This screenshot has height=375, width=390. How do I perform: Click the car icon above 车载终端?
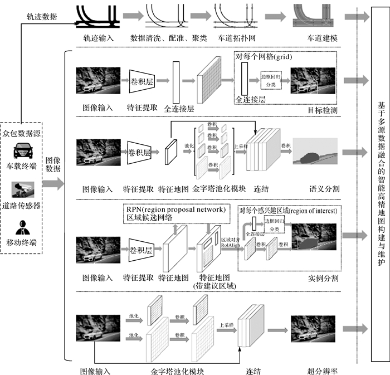tap(22, 149)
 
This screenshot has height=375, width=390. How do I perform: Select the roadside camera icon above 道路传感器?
tap(22, 190)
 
